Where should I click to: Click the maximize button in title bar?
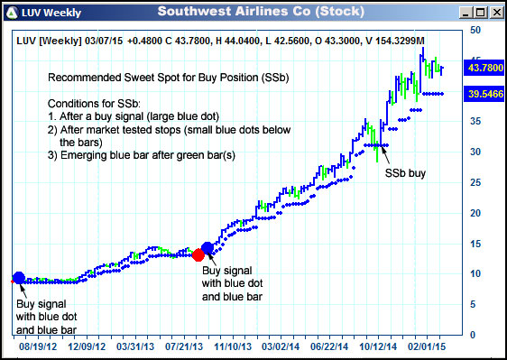[x=480, y=12]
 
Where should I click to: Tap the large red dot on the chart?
[x=198, y=254]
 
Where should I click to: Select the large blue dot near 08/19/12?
[x=18, y=277]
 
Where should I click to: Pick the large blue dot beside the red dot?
[x=208, y=247]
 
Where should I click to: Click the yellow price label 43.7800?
[x=484, y=68]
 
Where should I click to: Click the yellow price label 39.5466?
[x=484, y=93]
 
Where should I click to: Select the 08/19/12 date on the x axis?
[x=39, y=346]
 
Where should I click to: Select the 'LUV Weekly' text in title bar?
[x=53, y=12]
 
